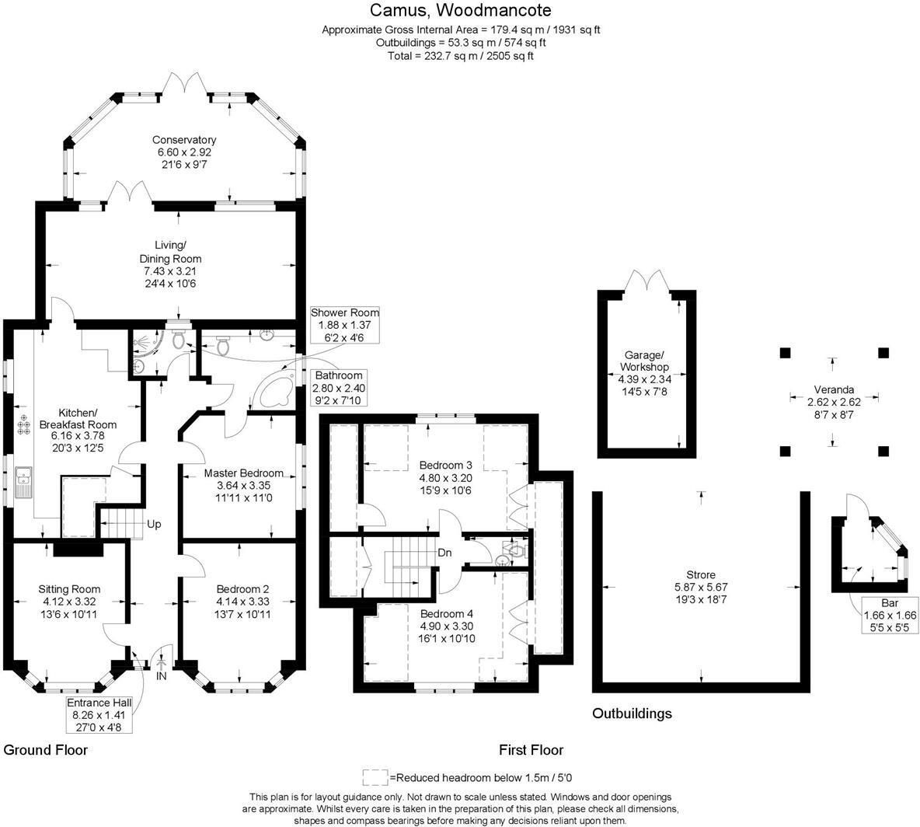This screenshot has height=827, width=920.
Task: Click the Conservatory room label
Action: (184, 140)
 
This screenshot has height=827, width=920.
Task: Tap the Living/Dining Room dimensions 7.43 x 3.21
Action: (170, 271)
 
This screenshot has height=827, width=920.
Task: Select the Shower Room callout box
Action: (345, 325)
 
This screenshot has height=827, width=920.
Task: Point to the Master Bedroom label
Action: (243, 473)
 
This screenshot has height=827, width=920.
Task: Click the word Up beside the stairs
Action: (154, 524)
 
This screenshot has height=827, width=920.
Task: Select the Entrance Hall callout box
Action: (99, 715)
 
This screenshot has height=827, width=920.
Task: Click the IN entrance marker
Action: (161, 676)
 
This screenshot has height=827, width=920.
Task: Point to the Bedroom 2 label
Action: (242, 588)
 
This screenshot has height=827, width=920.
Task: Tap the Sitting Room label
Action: (69, 588)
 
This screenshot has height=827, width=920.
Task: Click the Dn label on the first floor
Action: (444, 553)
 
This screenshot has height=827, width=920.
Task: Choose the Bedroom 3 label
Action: (446, 465)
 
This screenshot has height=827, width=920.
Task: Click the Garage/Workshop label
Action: (643, 361)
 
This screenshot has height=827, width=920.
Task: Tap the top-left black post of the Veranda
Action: (785, 353)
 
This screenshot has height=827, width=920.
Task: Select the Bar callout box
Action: (890, 615)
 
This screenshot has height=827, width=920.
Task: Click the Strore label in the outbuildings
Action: (701, 574)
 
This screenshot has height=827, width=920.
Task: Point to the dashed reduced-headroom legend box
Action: (375, 777)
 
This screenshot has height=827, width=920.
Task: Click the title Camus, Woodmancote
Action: (461, 10)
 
